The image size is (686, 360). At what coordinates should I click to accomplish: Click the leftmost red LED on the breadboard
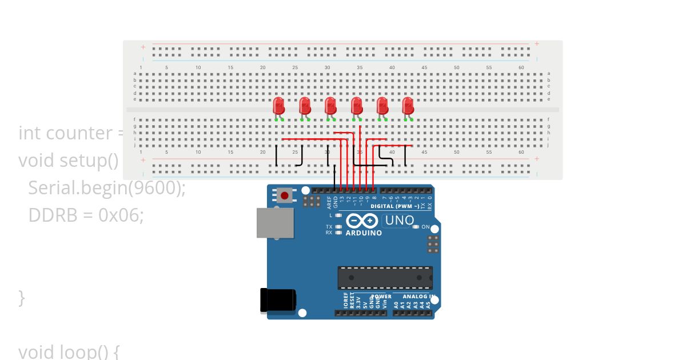click(x=279, y=106)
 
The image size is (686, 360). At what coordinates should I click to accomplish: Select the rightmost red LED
click(x=408, y=106)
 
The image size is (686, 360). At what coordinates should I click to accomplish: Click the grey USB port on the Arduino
click(x=275, y=223)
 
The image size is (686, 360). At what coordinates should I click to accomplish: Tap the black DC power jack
click(x=278, y=300)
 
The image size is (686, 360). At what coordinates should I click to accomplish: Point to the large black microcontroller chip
click(x=385, y=278)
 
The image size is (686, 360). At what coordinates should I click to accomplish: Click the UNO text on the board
click(x=400, y=220)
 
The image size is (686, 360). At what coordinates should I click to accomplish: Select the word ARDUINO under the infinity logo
click(x=364, y=233)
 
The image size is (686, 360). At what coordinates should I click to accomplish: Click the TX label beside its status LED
click(x=329, y=227)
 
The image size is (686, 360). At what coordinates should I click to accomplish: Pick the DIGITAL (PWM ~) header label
click(x=394, y=206)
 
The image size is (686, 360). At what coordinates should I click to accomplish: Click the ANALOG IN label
click(x=418, y=296)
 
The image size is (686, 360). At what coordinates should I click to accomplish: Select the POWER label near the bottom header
click(x=382, y=296)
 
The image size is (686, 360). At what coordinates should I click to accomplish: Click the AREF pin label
click(x=329, y=202)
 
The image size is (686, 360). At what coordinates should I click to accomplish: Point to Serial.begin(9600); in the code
click(x=106, y=187)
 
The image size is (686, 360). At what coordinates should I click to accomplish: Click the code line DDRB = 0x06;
click(x=86, y=215)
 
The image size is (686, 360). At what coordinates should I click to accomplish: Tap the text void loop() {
click(x=68, y=351)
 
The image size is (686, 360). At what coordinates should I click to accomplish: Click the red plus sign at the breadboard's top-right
click(x=537, y=43)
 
